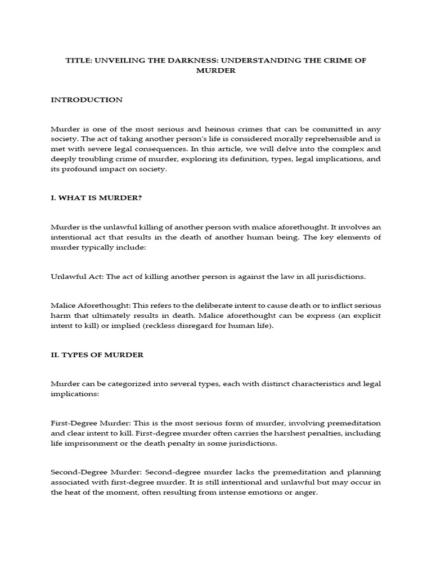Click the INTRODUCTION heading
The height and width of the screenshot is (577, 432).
pos(87,100)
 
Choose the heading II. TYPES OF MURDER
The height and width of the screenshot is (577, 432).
pos(97,354)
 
